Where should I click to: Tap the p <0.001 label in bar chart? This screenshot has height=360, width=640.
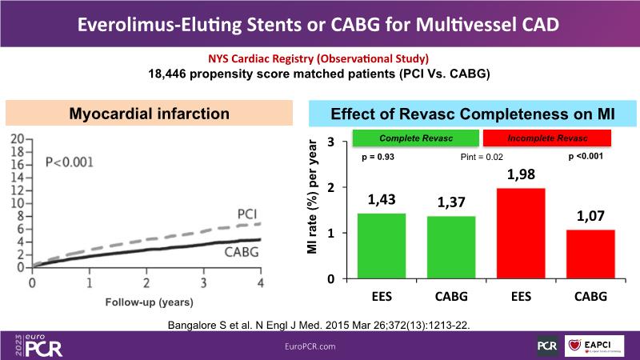click(x=585, y=156)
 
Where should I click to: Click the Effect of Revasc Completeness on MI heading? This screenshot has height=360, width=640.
click(x=473, y=114)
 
